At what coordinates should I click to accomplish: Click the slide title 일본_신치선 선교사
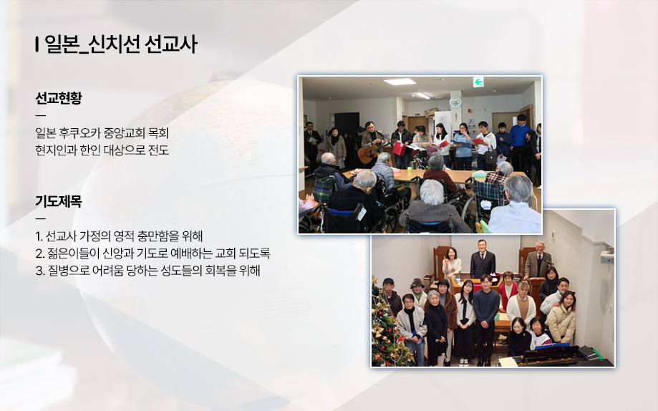coord(120,44)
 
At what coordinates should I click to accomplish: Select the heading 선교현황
coord(58,98)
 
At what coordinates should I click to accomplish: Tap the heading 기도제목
coord(58,201)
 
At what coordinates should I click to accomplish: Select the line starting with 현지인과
coord(102,150)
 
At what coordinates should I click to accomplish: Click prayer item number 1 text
coord(119,236)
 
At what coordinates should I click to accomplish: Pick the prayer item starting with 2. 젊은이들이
coord(153,253)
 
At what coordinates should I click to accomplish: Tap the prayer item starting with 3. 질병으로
coord(147,271)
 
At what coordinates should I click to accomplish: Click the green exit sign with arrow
coord(478,82)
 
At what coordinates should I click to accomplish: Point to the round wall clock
coord(455,102)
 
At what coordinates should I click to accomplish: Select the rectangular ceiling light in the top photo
coord(400,82)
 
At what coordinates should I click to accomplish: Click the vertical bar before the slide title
coord(37,44)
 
